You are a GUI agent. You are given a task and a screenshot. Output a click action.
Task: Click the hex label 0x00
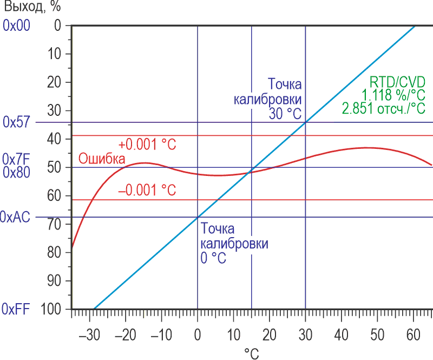(x=17, y=25)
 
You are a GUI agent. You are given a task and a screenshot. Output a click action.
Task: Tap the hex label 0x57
(x=17, y=122)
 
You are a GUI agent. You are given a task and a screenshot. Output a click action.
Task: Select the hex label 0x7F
(x=17, y=160)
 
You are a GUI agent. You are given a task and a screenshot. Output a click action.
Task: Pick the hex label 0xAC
(x=17, y=217)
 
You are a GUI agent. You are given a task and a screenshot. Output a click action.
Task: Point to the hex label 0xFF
(x=17, y=309)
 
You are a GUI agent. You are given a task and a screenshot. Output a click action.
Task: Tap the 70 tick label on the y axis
(x=55, y=224)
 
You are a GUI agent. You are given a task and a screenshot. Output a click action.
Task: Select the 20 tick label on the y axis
(x=55, y=82)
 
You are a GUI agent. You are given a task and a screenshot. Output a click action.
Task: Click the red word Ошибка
(x=102, y=159)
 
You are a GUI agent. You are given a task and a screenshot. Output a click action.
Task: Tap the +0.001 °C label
(x=148, y=145)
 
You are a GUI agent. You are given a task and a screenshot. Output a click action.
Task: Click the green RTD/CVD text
(x=397, y=82)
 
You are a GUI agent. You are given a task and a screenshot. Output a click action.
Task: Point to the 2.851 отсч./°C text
(x=383, y=108)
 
